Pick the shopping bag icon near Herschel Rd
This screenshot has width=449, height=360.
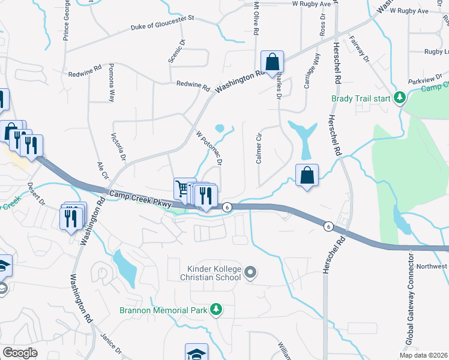coord(307,175)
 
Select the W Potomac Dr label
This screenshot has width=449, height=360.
coord(210,148)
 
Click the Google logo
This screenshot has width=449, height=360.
coord(20,353)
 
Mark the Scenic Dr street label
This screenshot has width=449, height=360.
coord(180,50)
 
